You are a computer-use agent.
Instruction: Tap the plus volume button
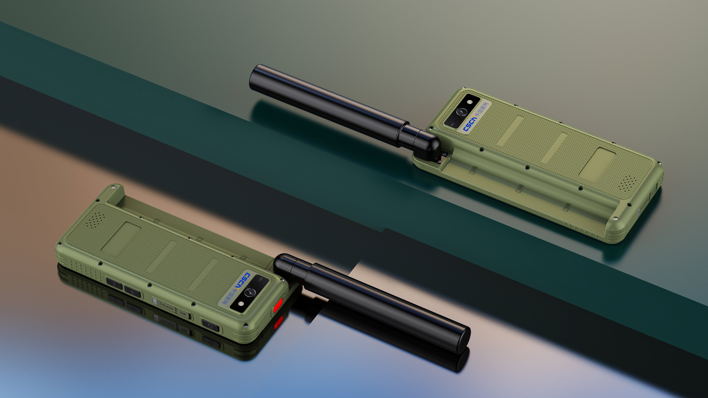pyautogui.click(x=133, y=292)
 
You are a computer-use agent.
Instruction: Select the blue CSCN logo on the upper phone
pyautogui.click(x=470, y=124)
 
